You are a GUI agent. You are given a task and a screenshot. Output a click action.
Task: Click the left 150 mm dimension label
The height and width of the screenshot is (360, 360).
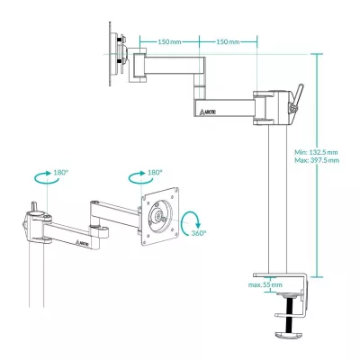[x=171, y=41]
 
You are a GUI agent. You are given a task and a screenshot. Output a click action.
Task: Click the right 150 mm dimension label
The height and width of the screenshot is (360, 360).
[x=228, y=41]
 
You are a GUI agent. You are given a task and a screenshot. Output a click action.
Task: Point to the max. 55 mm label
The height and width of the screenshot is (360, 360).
[x=265, y=284]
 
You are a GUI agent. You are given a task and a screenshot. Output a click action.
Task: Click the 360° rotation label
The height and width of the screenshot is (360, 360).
[x=197, y=232]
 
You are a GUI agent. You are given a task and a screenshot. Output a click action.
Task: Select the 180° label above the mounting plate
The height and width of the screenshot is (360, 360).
[x=154, y=172]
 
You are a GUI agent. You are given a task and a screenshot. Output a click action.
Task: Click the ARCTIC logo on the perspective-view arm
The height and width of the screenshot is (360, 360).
[x=81, y=241]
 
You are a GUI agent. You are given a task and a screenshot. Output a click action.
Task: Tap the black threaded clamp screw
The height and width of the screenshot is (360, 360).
[x=290, y=314]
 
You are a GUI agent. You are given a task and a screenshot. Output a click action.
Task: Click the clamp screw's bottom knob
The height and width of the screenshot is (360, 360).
[x=290, y=335]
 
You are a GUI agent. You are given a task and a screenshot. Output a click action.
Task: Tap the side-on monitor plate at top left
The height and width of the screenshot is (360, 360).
[x=117, y=58]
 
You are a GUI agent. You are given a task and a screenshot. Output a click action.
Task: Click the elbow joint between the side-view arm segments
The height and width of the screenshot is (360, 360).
[x=197, y=88]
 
